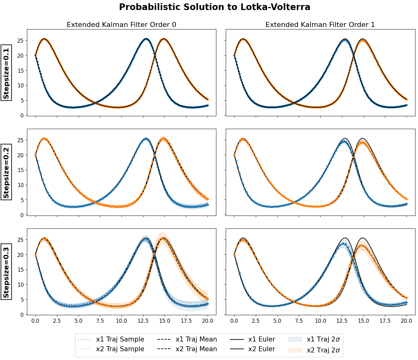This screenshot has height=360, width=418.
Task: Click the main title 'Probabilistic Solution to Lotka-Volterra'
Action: pyautogui.click(x=214, y=7)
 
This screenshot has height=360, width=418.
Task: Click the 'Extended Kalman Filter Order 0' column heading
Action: pyautogui.click(x=121, y=25)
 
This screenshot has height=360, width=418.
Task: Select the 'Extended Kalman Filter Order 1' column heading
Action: pyautogui.click(x=320, y=25)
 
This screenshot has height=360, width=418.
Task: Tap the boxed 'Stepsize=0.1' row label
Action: pyautogui.click(x=6, y=72)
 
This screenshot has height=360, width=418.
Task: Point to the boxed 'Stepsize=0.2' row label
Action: pyautogui.click(x=6, y=172)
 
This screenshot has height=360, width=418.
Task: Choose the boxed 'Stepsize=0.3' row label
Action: pyautogui.click(x=6, y=272)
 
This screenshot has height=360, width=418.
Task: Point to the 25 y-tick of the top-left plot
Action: pyautogui.click(x=21, y=41)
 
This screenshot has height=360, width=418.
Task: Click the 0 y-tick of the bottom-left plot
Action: pyautogui.click(x=22, y=315)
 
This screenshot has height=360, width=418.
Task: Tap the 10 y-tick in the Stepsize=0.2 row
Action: pyautogui.click(x=21, y=185)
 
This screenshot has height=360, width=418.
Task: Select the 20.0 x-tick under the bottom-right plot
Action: pyautogui.click(x=406, y=321)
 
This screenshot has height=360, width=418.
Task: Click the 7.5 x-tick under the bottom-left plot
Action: pyautogui.click(x=100, y=321)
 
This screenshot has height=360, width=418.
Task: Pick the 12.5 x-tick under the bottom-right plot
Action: pyautogui.click(x=342, y=321)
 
